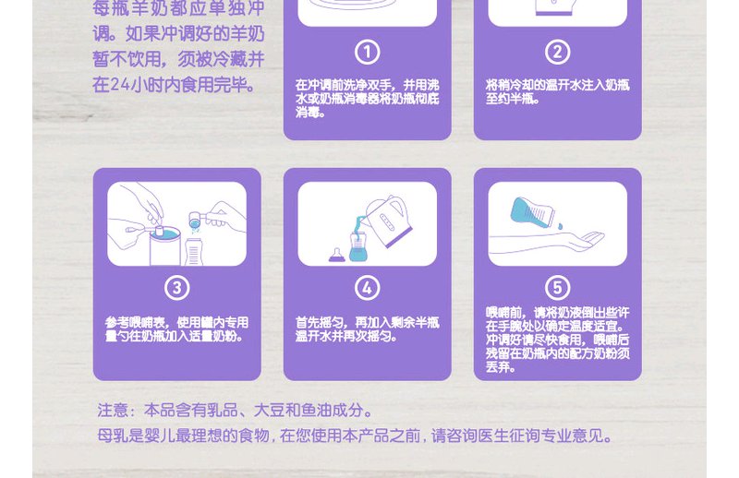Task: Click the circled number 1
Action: click(367, 52)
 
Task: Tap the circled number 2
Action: click(558, 52)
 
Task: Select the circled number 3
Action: click(176, 288)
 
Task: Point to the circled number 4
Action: click(367, 288)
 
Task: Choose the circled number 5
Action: click(558, 288)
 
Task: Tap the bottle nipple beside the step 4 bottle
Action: click(336, 255)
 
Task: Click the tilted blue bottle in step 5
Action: click(533, 213)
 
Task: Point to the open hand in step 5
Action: click(587, 240)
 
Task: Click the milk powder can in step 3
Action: click(165, 246)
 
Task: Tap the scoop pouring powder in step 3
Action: click(207, 219)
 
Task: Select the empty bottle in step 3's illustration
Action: click(193, 252)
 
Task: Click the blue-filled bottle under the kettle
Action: click(358, 246)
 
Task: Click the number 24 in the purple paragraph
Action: click(119, 85)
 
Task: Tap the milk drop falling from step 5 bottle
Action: click(560, 226)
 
